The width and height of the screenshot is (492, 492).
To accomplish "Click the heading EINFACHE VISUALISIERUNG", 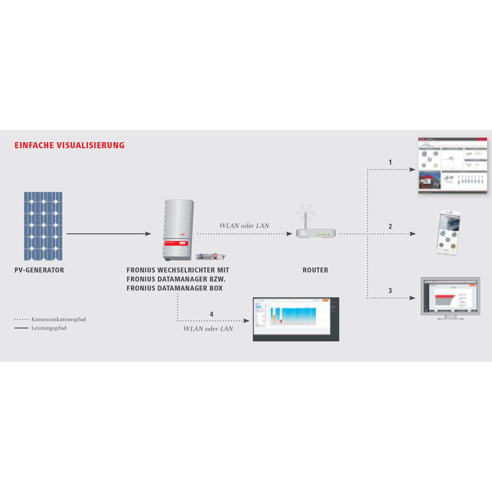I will [69, 146].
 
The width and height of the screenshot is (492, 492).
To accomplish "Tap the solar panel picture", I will [43, 226].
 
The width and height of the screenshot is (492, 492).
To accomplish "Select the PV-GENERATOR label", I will [39, 270].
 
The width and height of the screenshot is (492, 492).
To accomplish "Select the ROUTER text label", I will [315, 270].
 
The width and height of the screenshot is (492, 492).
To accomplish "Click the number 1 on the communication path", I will [390, 162].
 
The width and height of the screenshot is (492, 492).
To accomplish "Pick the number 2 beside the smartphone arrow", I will [390, 226].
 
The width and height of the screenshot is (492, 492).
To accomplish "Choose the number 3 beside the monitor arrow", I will [390, 291].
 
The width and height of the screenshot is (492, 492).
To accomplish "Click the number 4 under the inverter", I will [212, 313].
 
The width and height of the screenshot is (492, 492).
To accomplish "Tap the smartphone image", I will [448, 232].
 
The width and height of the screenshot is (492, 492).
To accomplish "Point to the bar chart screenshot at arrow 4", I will [296, 319].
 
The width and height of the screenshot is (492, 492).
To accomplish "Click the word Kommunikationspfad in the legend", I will [59, 319].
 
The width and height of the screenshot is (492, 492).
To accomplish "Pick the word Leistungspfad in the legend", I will [49, 328].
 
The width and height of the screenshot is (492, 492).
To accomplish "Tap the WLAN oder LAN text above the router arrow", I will [245, 226].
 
